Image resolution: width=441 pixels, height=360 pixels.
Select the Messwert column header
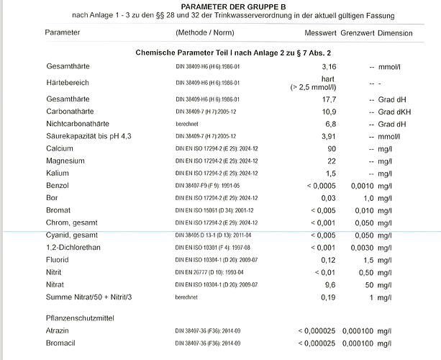pyautogui.click(x=321, y=33)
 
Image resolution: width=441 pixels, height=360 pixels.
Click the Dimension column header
pyautogui.click(x=395, y=33)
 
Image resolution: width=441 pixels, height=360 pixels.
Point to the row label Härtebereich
pyautogui.click(x=68, y=83)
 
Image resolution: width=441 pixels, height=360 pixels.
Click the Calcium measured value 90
pyautogui.click(x=332, y=148)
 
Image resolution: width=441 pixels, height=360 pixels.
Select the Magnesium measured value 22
pyautogui.click(x=332, y=161)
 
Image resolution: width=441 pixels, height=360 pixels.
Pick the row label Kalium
pyautogui.click(x=57, y=174)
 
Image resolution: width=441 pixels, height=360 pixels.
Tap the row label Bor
pyautogui.click(x=51, y=198)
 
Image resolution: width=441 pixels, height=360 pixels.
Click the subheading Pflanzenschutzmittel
pyautogui.click(x=81, y=318)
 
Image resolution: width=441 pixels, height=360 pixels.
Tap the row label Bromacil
pyautogui.click(x=62, y=343)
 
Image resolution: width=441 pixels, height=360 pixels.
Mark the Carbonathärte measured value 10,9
pyautogui.click(x=329, y=112)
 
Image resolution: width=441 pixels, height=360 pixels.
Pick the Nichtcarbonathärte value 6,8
pyautogui.click(x=331, y=124)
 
